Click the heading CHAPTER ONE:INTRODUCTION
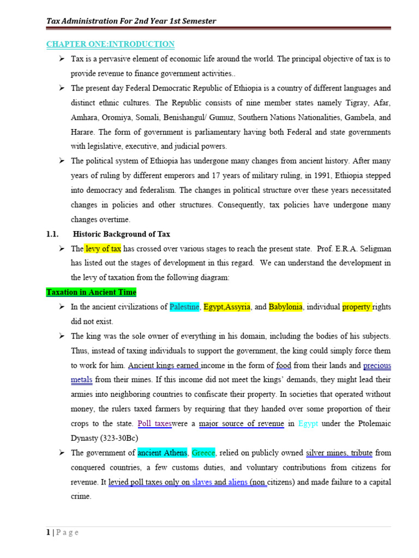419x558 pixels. point(110,44)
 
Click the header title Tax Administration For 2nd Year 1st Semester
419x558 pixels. point(131,21)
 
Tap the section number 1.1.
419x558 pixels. point(52,234)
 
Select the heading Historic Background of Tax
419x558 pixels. point(121,234)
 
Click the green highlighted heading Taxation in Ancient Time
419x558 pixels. point(91,292)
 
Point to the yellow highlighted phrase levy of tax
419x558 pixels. point(103,248)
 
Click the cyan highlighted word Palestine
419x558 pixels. point(184,307)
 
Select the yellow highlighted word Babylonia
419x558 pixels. point(285,307)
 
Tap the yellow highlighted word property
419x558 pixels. point(357,307)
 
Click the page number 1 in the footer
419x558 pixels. point(48,532)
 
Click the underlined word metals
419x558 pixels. point(81,379)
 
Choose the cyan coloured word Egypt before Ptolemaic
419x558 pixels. point(309,423)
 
